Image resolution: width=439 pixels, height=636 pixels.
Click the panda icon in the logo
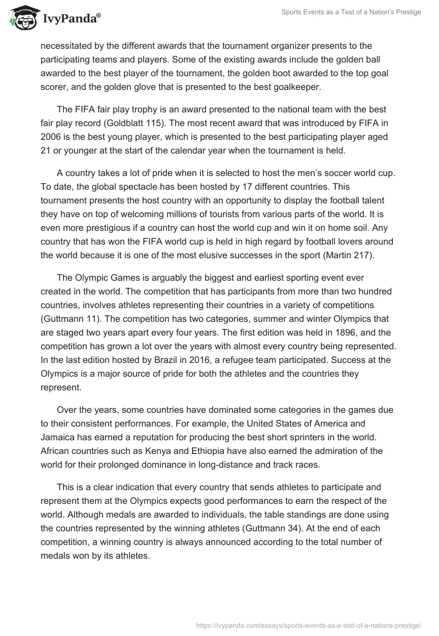click(22, 19)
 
